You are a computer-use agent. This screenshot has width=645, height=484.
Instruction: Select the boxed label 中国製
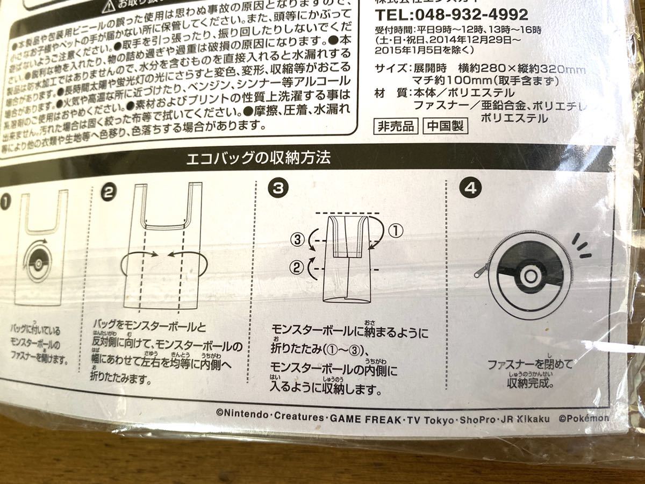445,127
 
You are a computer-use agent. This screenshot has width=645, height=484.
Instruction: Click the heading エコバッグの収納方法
257,158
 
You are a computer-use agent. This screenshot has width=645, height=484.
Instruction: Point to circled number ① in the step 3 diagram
395,231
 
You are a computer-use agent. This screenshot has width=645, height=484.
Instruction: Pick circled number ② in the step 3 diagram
297,265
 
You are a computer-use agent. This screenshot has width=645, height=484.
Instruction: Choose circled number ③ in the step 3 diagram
297,240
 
